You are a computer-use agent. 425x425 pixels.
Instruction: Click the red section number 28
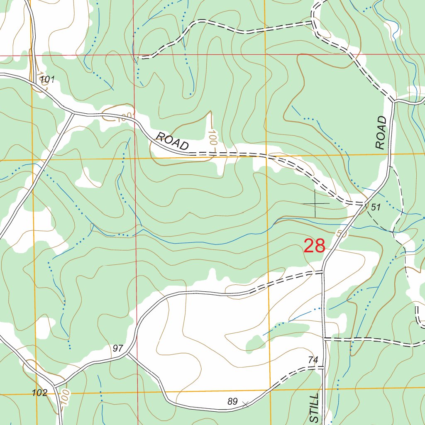pyautogui.click(x=314, y=246)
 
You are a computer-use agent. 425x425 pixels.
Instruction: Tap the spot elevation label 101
pyautogui.click(x=48, y=79)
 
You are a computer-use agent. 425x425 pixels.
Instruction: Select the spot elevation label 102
pyautogui.click(x=39, y=393)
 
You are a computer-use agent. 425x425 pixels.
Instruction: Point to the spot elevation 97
pyautogui.click(x=118, y=348)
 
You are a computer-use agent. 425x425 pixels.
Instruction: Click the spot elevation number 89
pyautogui.click(x=233, y=401)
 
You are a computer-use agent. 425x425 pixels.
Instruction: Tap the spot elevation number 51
pyautogui.click(x=376, y=208)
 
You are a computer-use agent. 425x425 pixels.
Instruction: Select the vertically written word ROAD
pyautogui.click(x=381, y=132)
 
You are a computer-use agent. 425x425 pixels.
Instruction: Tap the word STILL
pyautogui.click(x=315, y=408)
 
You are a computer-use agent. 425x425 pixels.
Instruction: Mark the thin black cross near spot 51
pyautogui.click(x=315, y=203)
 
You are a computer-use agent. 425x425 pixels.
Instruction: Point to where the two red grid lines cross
pyautogui.click(x=134, y=55)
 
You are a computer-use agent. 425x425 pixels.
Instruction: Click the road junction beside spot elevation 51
pyautogui.click(x=365, y=203)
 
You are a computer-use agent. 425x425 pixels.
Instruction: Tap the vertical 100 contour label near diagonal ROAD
pyautogui.click(x=212, y=137)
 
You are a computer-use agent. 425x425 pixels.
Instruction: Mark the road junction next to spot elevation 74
pyautogui.click(x=323, y=367)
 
